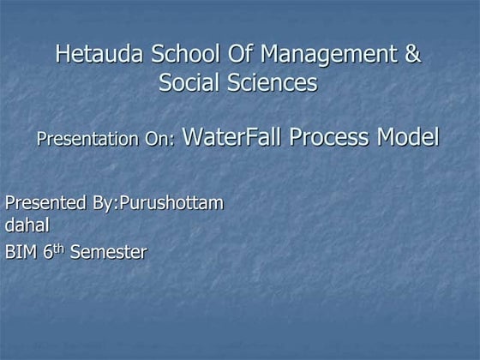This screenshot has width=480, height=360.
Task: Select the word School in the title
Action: pos(177,55)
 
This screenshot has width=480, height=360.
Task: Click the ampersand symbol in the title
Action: pos(411,55)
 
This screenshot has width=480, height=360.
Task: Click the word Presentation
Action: pos(82,139)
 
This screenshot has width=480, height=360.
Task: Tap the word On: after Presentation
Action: pos(155,139)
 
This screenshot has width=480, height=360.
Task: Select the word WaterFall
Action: pos(232,137)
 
